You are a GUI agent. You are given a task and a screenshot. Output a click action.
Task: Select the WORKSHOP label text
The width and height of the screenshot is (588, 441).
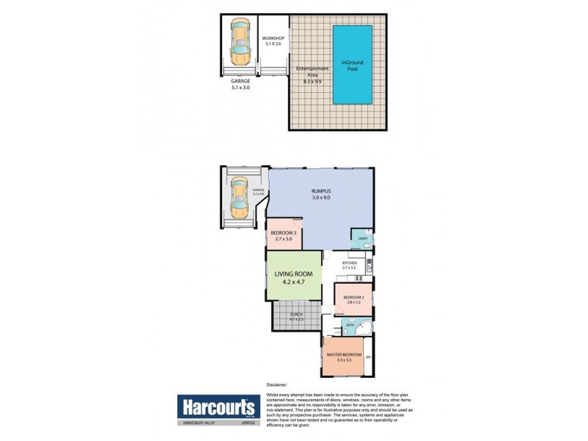(x=274, y=38)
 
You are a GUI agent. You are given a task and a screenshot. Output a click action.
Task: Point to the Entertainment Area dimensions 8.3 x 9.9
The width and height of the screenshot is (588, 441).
(x=312, y=82)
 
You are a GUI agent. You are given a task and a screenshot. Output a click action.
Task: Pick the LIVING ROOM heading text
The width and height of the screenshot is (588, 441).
(x=293, y=274)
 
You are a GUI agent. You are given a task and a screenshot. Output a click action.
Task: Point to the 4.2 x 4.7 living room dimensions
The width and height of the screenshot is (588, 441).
(x=293, y=282)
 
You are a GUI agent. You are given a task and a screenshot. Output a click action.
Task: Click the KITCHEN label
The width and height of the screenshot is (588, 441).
(x=349, y=262)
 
